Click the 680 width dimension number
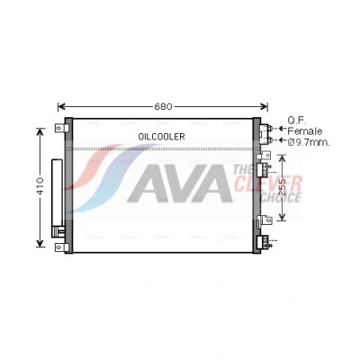(163, 106)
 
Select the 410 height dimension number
(40, 186)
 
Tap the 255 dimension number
(283, 188)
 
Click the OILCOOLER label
(161, 137)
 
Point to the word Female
(305, 131)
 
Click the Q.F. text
(297, 121)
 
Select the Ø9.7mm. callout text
(309, 142)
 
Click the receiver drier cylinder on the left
(57, 193)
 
